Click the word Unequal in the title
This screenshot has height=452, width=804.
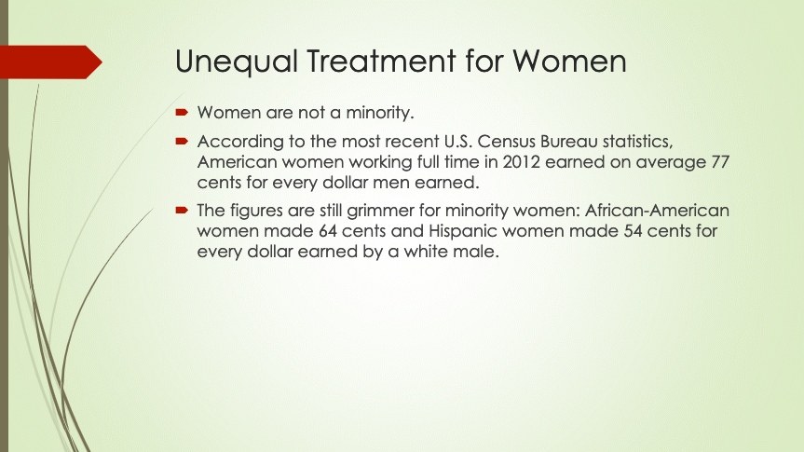(237, 62)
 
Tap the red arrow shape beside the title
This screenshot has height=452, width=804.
(50, 62)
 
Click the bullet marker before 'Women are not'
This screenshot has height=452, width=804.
(182, 113)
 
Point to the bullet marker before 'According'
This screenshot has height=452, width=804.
(182, 141)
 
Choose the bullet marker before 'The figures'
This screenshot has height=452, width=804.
(182, 210)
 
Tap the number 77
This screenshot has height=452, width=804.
(720, 162)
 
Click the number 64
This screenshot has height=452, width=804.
(328, 231)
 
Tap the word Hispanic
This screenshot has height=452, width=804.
(463, 231)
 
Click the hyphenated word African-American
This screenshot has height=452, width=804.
(657, 211)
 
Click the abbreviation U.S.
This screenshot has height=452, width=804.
(457, 141)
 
